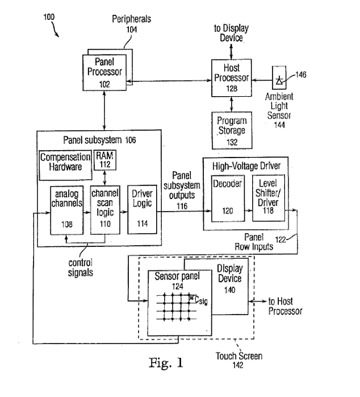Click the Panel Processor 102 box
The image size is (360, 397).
click(105, 73)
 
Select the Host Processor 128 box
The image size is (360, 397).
click(232, 78)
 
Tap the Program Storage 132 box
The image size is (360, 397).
click(232, 130)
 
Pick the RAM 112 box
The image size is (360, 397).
click(105, 160)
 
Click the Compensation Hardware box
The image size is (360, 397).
click(66, 166)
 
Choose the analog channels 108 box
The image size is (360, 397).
click(66, 210)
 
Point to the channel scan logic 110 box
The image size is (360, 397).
click(105, 210)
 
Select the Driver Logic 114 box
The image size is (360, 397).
click(142, 210)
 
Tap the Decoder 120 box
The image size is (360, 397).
click(227, 198)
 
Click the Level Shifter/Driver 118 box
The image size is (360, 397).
click(268, 198)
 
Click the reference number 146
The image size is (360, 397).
click(301, 74)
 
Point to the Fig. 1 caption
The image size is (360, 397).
click(165, 363)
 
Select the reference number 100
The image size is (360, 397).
click(49, 17)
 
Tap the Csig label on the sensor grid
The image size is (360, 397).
click(201, 300)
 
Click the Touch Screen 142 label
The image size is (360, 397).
click(239, 360)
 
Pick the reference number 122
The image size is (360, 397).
click(280, 239)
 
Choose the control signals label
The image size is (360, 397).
click(81, 267)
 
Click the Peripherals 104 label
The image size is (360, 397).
click(131, 24)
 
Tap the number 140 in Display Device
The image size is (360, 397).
click(230, 290)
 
